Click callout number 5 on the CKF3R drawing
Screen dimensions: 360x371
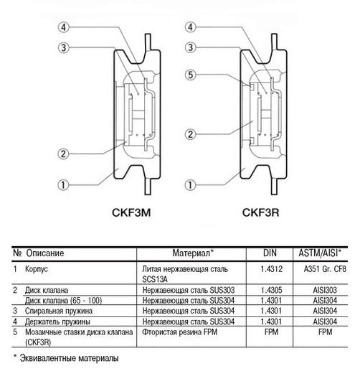click(x=190, y=75)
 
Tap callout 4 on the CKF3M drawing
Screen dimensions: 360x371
click(x=63, y=27)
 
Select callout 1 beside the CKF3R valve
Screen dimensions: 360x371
click(x=190, y=184)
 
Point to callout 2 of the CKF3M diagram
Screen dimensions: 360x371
click(x=63, y=154)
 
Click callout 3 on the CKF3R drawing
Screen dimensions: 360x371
click(x=190, y=47)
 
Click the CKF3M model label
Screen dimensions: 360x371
click(x=131, y=212)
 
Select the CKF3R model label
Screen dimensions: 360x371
click(x=260, y=212)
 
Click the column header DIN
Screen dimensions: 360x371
click(x=270, y=253)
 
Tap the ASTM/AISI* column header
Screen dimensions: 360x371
click(x=320, y=253)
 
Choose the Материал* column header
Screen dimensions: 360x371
click(x=192, y=253)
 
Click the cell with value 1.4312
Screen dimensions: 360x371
click(x=272, y=269)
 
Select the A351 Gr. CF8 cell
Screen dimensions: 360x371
click(x=325, y=269)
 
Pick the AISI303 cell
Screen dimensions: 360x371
click(x=325, y=290)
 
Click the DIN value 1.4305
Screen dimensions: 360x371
click(x=272, y=290)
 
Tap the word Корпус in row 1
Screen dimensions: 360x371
click(x=37, y=269)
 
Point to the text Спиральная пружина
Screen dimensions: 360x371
click(x=59, y=311)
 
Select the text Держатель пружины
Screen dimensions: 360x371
click(x=57, y=321)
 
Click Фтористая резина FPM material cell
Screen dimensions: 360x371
click(x=180, y=332)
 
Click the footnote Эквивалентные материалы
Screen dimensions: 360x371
click(x=69, y=358)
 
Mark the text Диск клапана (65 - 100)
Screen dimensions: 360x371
click(x=63, y=301)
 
